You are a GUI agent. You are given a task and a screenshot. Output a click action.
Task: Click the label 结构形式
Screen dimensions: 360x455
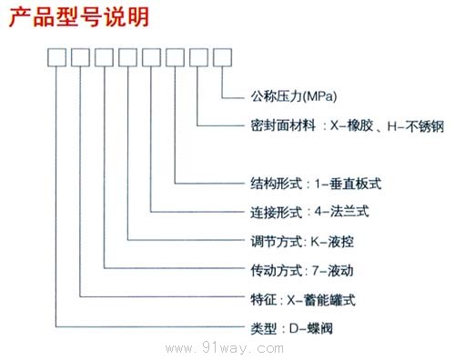(271, 182)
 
